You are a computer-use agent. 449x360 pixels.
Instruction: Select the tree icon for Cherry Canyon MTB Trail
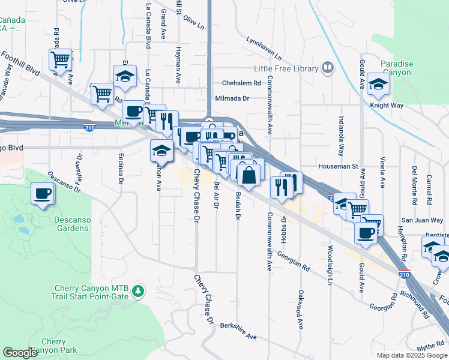[139, 291]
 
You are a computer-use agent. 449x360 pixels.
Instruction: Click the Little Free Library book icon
[327, 68]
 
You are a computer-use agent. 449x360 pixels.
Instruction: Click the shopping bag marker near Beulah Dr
[249, 175]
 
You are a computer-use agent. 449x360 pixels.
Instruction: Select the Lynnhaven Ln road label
[264, 47]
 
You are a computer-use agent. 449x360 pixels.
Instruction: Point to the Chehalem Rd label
[241, 83]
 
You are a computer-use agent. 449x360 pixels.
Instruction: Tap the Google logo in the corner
[21, 353]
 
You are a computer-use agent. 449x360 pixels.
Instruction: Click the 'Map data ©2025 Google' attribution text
[411, 355]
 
